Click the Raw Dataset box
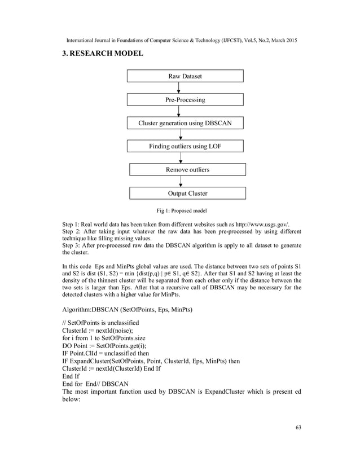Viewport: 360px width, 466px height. click(185, 76)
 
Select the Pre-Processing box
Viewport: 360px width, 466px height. click(185, 99)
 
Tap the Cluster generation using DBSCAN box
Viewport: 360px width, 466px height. click(185, 123)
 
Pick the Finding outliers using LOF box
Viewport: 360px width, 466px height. click(185, 147)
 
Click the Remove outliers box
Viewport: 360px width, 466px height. click(187, 169)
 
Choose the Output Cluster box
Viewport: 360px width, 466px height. click(187, 193)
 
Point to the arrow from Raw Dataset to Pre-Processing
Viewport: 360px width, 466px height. click(179, 87)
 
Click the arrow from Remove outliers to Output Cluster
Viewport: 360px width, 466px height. click(181, 181)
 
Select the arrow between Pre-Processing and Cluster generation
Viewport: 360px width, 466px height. click(179, 111)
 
